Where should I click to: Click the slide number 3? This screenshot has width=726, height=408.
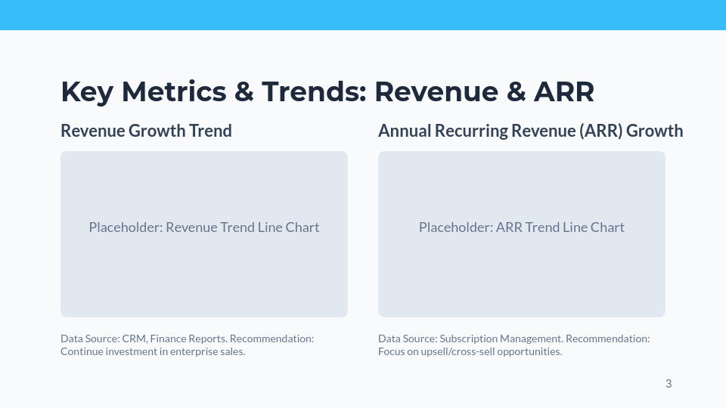[x=669, y=384]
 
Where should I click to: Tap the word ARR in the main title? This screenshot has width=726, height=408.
[x=564, y=92]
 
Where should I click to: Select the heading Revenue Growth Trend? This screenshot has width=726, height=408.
[x=146, y=131]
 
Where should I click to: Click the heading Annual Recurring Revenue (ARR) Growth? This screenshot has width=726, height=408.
[x=530, y=131]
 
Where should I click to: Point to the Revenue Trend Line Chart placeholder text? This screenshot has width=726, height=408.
[x=204, y=227]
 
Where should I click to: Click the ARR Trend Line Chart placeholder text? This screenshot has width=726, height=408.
[x=522, y=227]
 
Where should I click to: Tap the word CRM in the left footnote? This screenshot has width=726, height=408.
[x=133, y=339]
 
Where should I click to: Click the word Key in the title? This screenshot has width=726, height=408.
[x=86, y=92]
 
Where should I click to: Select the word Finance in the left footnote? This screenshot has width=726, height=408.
[x=170, y=339]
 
